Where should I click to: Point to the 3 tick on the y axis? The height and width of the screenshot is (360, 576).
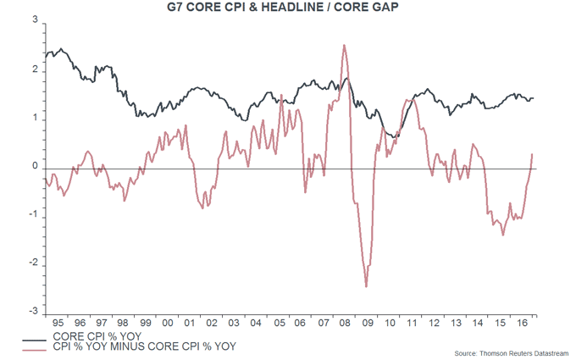coord(34,22)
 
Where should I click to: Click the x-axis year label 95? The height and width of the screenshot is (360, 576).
coord(57,323)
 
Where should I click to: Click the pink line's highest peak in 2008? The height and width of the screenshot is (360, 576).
coord(344,45)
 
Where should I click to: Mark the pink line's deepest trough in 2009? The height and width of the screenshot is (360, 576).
coord(367,286)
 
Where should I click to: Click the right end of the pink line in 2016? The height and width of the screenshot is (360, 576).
coord(532,154)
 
